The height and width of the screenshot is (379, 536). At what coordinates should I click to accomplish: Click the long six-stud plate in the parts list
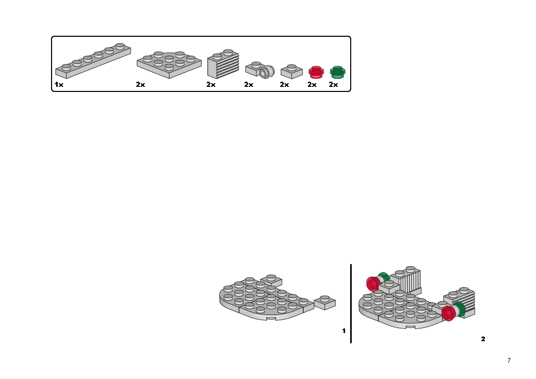coord(93,61)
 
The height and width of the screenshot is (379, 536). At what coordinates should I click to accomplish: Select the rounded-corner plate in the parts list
coord(168,64)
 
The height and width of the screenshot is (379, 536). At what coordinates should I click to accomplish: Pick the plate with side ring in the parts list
coord(260,70)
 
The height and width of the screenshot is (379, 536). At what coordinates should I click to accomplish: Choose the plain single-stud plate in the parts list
coord(291,72)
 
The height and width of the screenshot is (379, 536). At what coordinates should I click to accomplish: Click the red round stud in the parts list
coord(316,72)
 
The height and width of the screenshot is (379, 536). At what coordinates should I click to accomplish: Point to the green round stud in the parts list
coord(337,72)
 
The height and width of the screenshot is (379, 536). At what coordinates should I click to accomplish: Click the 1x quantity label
coord(59,85)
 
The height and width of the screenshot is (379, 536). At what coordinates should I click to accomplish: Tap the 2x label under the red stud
coord(312,85)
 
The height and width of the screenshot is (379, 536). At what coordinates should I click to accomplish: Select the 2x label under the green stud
coord(333,85)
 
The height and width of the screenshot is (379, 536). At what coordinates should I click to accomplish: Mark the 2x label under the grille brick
coord(211,85)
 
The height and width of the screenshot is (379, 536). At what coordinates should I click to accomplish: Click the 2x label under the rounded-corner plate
coord(140,85)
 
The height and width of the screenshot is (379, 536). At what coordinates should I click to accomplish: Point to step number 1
coord(344,331)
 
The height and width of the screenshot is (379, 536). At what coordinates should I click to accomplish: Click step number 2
coord(483,339)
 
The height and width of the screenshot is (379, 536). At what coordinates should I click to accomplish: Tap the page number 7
coord(508,361)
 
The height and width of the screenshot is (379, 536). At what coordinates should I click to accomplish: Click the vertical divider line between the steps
coord(351,304)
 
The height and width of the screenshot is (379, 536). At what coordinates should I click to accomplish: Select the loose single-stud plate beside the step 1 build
coord(325,302)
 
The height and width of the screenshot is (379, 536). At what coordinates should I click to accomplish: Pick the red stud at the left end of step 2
coord(372,283)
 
